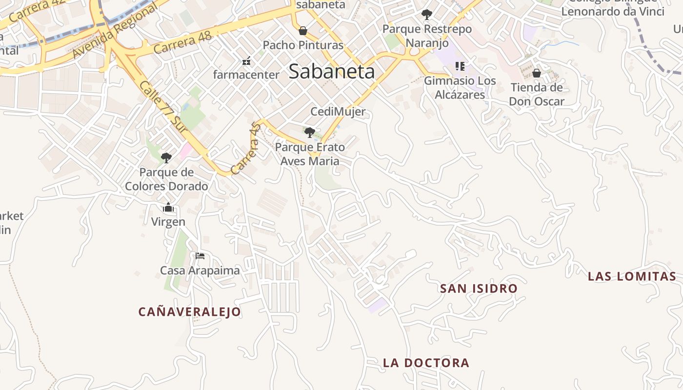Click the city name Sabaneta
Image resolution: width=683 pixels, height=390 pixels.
(332, 72)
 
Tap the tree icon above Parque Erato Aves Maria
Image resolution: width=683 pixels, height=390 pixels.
(309, 132)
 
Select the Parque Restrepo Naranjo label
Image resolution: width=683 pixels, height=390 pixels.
(427, 36)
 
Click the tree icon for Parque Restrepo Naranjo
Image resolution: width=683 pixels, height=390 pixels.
(427, 15)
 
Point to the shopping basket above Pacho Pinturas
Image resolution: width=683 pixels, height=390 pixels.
(303, 31)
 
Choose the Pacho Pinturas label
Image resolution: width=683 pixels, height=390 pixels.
(303, 45)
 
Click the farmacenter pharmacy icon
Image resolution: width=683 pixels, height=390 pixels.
(246, 61)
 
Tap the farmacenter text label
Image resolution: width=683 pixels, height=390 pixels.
(246, 75)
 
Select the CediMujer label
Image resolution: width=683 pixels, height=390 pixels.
(338, 112)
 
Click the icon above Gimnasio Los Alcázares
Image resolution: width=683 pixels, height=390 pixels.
(460, 66)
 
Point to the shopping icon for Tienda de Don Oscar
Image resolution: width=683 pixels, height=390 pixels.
(537, 73)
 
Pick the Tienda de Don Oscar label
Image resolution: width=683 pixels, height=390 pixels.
(537, 95)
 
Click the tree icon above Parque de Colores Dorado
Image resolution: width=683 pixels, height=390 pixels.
(166, 157)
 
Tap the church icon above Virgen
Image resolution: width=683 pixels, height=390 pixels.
(168, 208)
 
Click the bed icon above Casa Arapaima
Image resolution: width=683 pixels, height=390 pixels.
(200, 256)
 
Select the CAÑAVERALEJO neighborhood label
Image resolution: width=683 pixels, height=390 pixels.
(190, 312)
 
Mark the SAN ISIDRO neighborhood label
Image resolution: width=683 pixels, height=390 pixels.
(479, 289)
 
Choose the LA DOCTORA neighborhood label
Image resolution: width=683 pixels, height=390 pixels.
(426, 363)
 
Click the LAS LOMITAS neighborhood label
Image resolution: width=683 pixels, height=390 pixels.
(632, 276)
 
